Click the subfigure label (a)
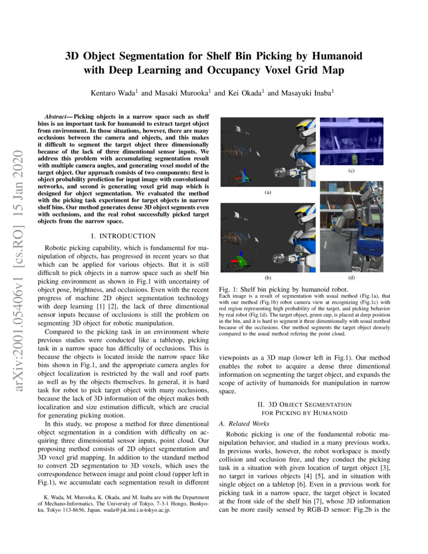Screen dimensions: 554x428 (267, 192)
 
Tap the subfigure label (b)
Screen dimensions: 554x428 (267, 278)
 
